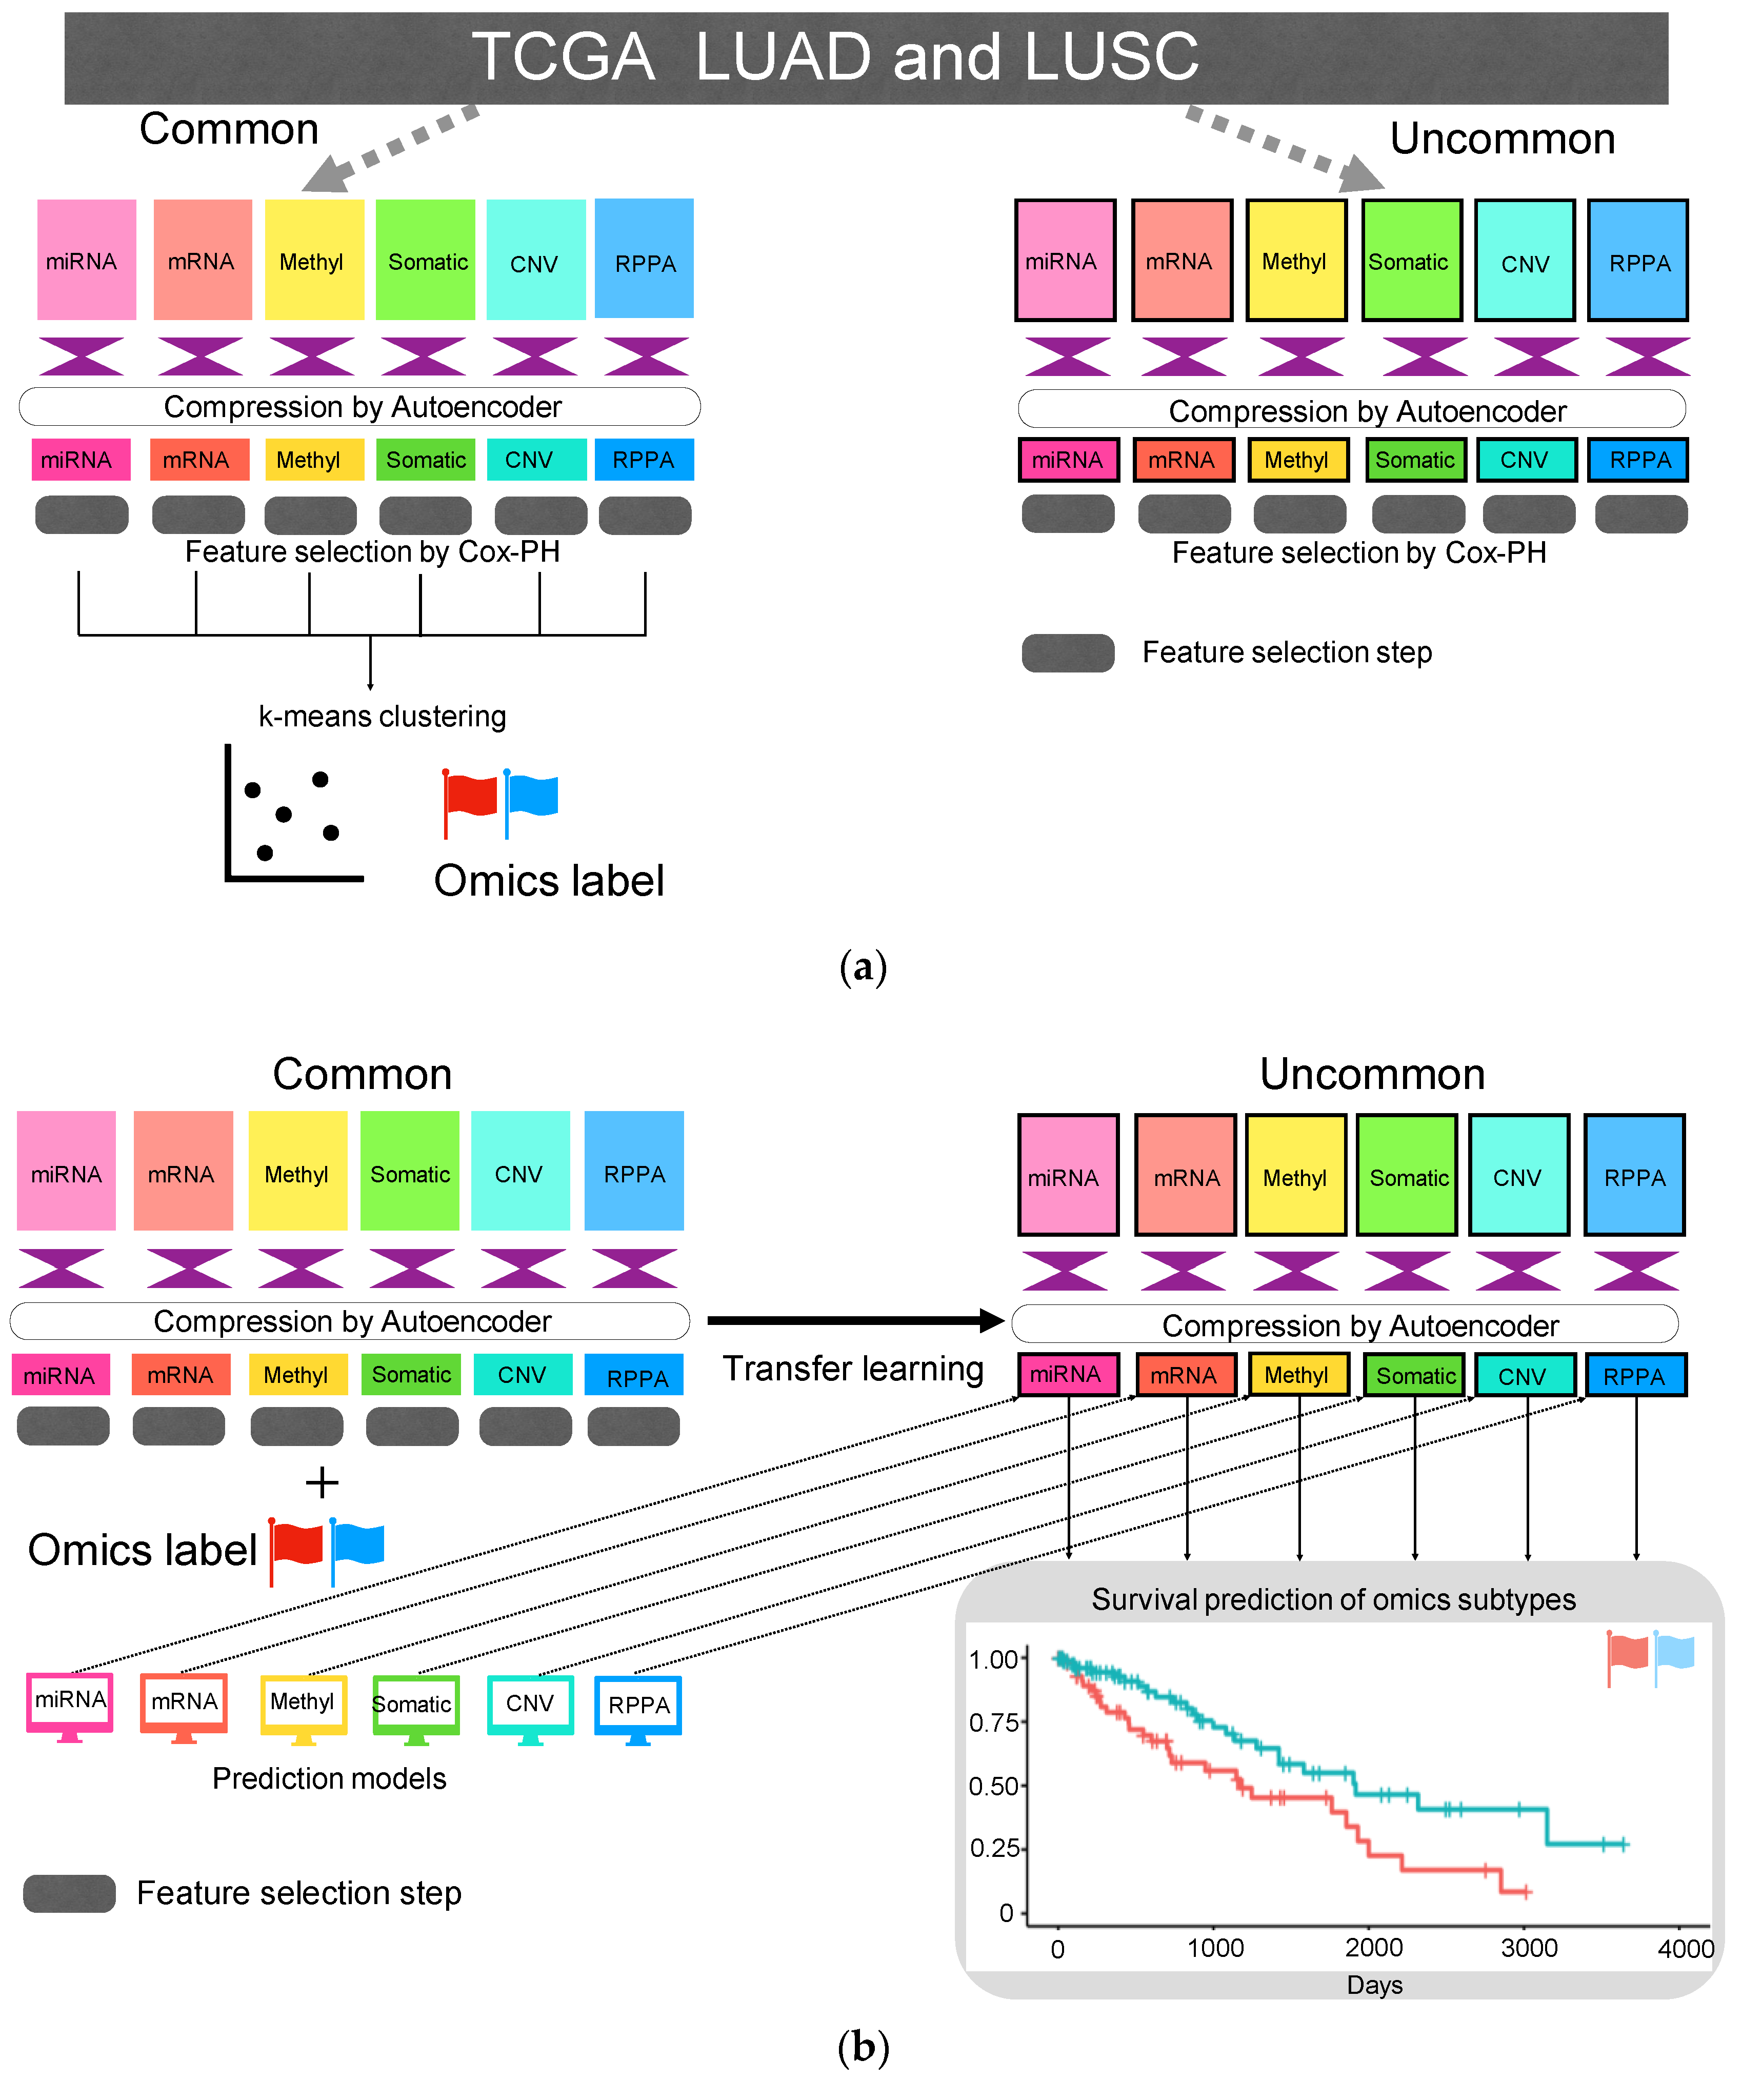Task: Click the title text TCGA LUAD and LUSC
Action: [834, 56]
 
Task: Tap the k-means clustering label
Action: [382, 716]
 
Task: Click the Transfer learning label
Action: [853, 1368]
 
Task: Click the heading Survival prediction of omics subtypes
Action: [1333, 1599]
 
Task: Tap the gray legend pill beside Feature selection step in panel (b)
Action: [69, 1893]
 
